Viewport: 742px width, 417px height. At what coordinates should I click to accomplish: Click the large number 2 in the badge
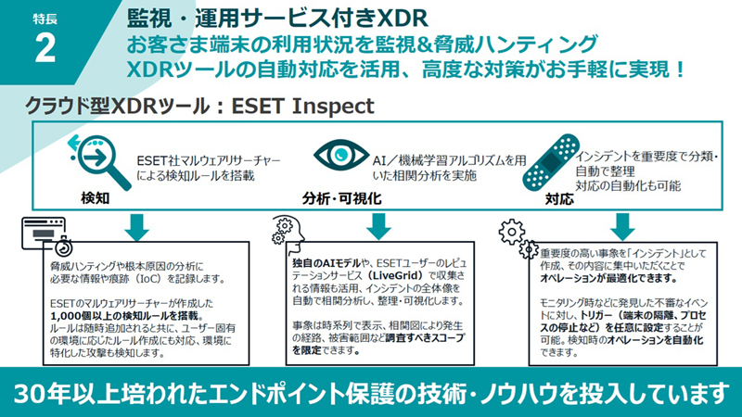click(45, 49)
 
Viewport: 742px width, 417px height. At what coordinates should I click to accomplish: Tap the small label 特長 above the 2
click(45, 19)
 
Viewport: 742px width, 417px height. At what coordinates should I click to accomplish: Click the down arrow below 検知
click(137, 226)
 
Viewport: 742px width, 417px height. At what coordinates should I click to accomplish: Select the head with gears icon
click(288, 232)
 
